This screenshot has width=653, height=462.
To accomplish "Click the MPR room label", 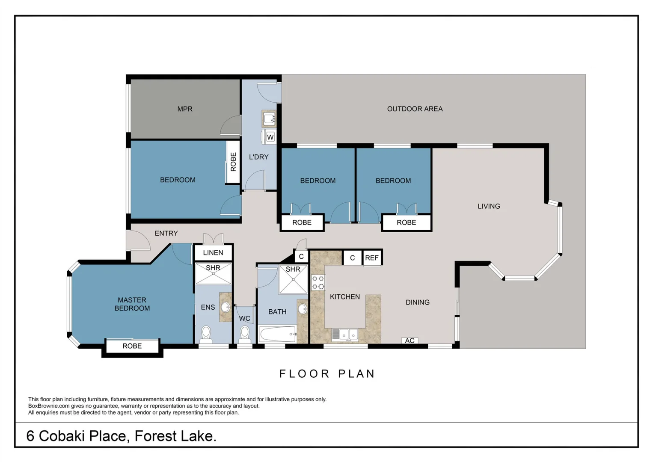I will [185, 109].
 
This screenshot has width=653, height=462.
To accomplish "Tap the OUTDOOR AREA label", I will [415, 109].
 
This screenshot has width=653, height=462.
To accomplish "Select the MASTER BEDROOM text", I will [132, 304].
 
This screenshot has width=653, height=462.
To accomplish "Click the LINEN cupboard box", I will [213, 252].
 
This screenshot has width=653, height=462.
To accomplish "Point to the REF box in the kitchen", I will [372, 258].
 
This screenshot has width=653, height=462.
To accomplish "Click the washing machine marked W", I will [270, 137].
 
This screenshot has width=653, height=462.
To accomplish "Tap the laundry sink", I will [269, 118].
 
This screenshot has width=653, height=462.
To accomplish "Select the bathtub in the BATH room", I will [277, 334].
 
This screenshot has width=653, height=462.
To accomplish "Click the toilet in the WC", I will [245, 332].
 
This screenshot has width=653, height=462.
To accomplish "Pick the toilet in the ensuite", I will [206, 333].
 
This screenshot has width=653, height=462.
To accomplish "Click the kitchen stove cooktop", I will [318, 283].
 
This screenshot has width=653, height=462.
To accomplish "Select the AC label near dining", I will [410, 341].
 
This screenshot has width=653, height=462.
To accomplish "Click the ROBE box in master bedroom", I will [132, 346].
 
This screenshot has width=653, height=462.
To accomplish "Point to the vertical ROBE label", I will [233, 162].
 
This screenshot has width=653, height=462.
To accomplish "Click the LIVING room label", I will [489, 206].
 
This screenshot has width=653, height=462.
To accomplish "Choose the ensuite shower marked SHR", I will [213, 274].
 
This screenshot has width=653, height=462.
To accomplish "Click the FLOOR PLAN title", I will [327, 374].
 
